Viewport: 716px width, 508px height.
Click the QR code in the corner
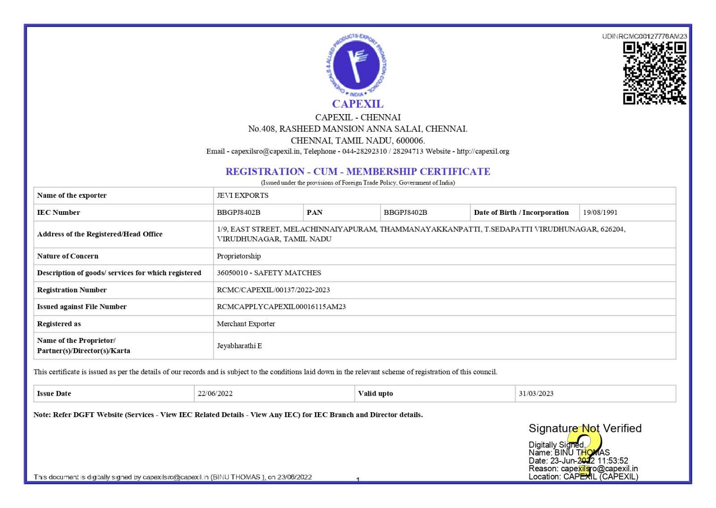tap(654, 73)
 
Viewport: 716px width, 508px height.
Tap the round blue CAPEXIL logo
tap(356, 65)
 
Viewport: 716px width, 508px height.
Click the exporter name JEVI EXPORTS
tap(243, 196)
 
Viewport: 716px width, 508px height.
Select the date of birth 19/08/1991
tap(600, 213)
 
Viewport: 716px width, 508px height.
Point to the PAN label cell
tap(315, 213)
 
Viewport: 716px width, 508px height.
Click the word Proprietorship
tap(239, 256)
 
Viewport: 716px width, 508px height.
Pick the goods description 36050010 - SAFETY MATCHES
tap(269, 273)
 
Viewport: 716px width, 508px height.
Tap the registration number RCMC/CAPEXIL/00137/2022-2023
tap(273, 290)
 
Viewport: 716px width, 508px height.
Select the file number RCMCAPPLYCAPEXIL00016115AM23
tap(281, 307)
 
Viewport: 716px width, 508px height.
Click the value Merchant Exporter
tap(246, 324)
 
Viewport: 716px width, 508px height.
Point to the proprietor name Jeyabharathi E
tap(239, 346)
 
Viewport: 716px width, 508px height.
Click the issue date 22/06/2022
tap(215, 393)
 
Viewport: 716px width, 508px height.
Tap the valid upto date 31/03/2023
tap(536, 393)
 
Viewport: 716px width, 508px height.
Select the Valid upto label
tap(375, 393)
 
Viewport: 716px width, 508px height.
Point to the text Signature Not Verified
tap(585, 428)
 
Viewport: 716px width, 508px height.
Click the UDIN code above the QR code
tap(644, 36)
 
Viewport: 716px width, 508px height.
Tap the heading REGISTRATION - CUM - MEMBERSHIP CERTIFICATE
tap(358, 171)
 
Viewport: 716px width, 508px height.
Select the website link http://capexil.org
tap(483, 151)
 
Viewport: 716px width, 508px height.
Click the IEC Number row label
tap(59, 213)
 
